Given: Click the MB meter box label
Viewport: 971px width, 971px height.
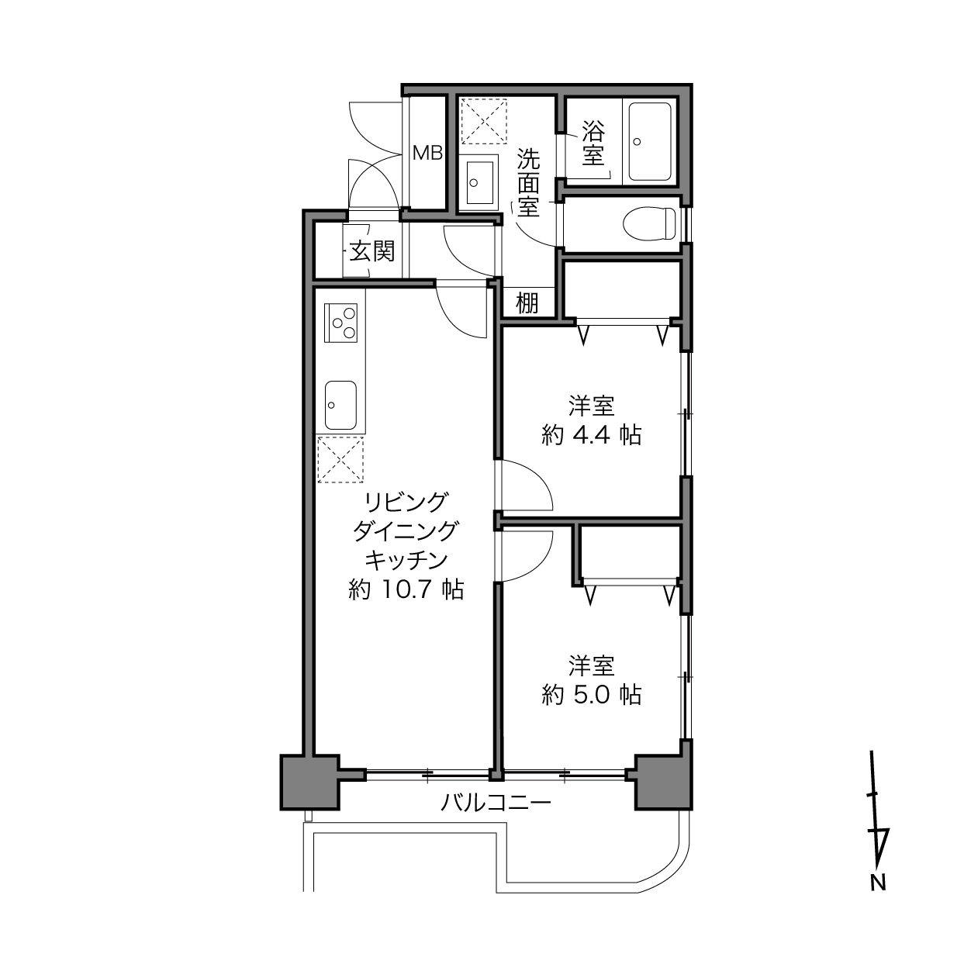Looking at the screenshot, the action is (427, 153).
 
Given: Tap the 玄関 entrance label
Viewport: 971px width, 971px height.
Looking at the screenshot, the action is (371, 251).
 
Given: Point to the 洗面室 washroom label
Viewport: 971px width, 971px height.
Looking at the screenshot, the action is (528, 182).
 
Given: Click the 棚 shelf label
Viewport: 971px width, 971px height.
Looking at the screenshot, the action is (527, 302).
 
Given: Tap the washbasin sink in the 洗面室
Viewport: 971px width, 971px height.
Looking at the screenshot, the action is (479, 182).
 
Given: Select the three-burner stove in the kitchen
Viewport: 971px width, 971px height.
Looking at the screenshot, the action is (340, 323).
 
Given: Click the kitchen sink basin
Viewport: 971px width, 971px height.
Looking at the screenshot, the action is (340, 405).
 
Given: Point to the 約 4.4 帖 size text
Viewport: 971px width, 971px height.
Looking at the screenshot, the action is (592, 435).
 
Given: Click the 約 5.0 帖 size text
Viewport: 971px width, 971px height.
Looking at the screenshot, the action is (592, 695).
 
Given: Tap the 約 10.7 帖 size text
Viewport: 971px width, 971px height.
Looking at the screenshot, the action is (406, 589).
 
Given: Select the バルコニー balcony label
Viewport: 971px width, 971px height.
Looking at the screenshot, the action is (496, 802).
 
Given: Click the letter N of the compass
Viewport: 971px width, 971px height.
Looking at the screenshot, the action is (878, 883).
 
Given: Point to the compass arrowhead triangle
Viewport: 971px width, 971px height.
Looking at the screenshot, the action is (879, 845).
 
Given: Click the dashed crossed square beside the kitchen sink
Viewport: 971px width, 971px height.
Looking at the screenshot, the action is (340, 460).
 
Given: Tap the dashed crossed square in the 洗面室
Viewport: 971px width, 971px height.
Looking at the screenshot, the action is (484, 122).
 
